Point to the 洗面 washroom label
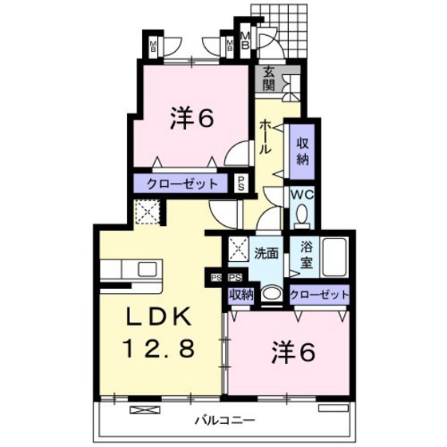pos(266,254)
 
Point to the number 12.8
pos(160,349)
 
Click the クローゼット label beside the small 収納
pos(319,295)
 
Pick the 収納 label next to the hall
pos(303,149)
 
